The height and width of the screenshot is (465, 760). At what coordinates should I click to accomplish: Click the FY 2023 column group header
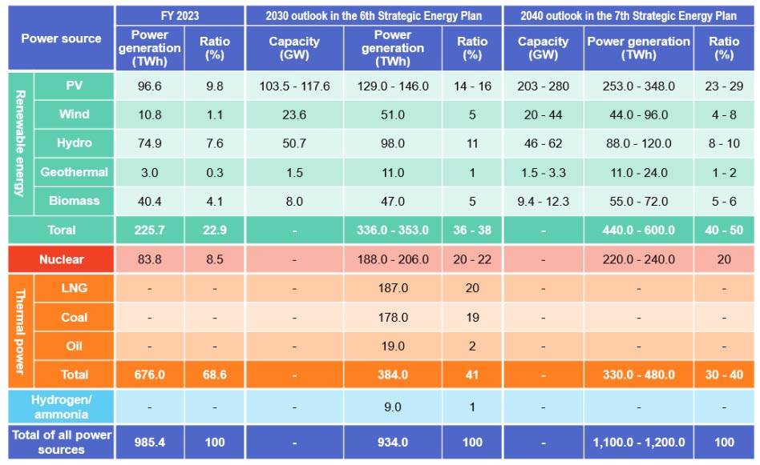coord(180,14)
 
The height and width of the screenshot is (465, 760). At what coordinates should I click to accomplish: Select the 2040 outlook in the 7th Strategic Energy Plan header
coord(629,14)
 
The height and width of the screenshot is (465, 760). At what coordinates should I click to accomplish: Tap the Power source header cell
coord(61,38)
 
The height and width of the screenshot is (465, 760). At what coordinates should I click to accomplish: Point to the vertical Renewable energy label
coord(20,143)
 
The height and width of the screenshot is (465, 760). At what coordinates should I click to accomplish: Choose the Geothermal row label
coord(74,172)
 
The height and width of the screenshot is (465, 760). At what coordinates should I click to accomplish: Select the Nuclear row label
coord(61,259)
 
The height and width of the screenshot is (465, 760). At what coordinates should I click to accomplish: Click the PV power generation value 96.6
coord(150,86)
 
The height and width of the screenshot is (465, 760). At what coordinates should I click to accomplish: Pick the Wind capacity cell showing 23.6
coord(294,114)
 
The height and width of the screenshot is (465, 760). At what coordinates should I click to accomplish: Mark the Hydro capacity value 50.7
coord(294,143)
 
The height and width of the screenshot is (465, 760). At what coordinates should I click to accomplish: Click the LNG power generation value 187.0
coord(393,288)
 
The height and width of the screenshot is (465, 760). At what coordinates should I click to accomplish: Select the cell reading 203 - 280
coord(544,86)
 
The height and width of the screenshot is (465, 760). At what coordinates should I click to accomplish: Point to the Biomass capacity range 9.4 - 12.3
coord(544,201)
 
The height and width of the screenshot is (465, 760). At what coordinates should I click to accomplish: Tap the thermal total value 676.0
coord(150,375)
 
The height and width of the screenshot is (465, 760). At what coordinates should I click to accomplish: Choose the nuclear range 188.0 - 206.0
coord(393,259)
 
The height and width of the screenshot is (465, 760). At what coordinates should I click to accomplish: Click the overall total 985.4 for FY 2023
coord(150,442)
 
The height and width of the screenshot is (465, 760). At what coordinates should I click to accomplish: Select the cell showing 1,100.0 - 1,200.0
coord(638,442)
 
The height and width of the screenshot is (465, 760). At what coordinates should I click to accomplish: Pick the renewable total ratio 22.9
coord(214,230)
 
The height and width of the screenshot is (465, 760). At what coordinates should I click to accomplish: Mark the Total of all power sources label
coord(61,442)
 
